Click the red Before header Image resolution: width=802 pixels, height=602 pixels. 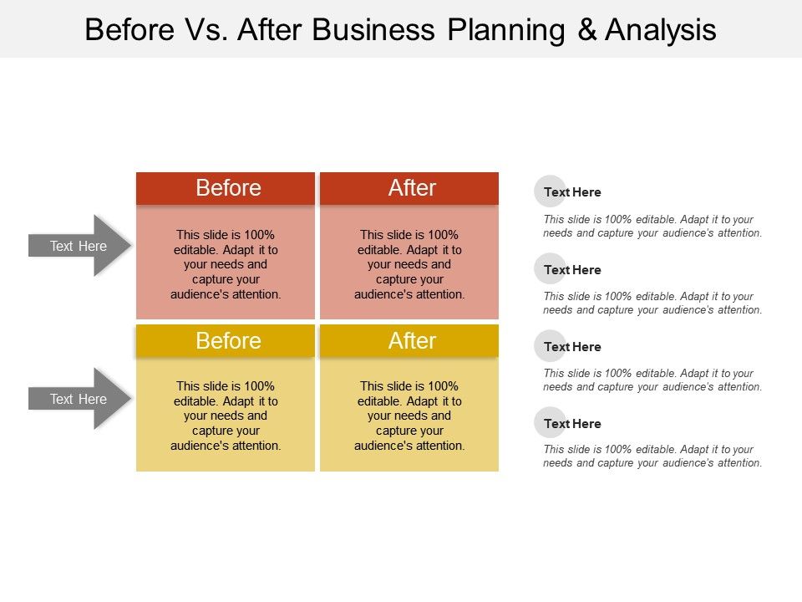coord(225,188)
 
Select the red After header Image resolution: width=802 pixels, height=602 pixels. coord(409,188)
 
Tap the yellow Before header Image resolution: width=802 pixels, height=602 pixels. coord(225,340)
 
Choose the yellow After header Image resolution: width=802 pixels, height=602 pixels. coord(409,340)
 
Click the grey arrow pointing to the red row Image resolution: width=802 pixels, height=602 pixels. coord(79,246)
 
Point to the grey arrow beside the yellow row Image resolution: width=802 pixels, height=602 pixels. coord(79,399)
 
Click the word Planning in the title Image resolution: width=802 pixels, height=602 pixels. coord(506,30)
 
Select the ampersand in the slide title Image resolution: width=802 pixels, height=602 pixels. coord(587,30)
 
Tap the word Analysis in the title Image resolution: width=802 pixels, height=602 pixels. coord(660,30)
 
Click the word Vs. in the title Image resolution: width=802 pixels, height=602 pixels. coord(206,30)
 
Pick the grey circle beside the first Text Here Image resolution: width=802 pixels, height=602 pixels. coord(550,191)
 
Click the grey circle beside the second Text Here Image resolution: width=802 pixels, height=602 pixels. coord(550,268)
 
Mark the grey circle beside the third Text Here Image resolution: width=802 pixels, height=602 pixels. coord(550,345)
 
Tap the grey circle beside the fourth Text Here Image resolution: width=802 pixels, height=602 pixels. coord(550,422)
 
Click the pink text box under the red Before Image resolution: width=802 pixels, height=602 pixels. coord(225,262)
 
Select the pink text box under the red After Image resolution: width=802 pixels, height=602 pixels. coord(409,262)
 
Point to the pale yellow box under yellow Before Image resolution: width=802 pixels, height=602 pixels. coord(225,414)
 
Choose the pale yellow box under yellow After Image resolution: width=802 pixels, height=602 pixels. coord(409,414)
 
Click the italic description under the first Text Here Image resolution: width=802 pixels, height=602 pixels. coord(652,227)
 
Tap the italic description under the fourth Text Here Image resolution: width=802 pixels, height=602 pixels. coord(652,457)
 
